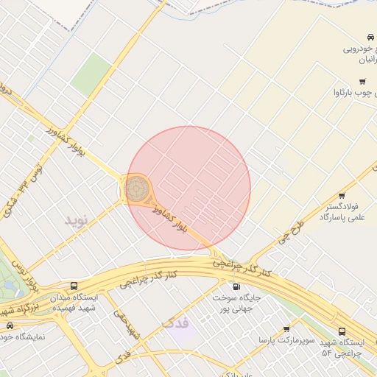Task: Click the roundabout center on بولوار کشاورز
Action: [x=135, y=189]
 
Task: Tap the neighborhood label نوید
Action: [x=76, y=220]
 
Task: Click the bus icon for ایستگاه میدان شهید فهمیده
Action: [x=74, y=286]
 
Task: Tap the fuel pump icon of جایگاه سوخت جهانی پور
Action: [x=236, y=286]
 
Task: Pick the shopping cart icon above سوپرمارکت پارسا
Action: [x=286, y=328]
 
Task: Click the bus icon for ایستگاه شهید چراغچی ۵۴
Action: [x=342, y=332]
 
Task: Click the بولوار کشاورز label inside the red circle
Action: [x=171, y=219]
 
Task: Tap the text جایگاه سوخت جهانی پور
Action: [x=236, y=303]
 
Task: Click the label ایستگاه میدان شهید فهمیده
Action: [x=74, y=302]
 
